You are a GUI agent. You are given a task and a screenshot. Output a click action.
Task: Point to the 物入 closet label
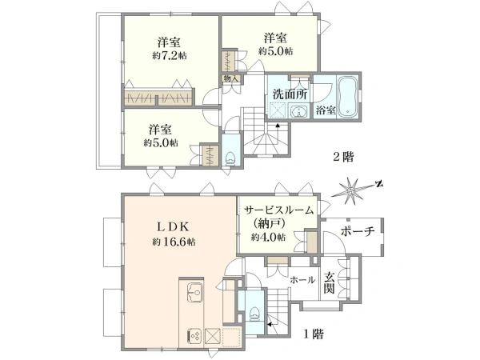(230, 78)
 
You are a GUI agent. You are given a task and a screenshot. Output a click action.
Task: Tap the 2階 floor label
(345, 157)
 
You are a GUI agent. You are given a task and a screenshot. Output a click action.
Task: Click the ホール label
(301, 279)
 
